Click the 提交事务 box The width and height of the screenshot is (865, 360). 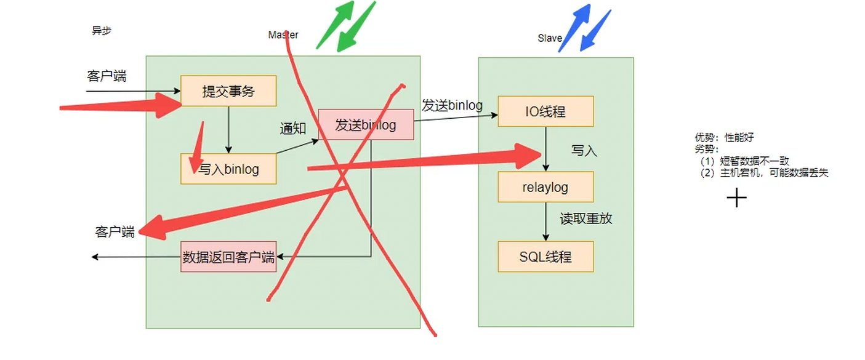228,91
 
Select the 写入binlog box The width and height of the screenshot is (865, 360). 228,168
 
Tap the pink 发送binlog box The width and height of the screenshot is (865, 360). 366,124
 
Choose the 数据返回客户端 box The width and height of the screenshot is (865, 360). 228,257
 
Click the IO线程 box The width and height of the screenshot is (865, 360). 545,111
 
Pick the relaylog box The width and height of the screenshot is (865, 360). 545,187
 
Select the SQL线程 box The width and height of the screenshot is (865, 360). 545,257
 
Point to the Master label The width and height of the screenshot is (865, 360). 283,35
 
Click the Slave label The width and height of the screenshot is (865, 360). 550,38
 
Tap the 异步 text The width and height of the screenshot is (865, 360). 102,30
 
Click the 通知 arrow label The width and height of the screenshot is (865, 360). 293,129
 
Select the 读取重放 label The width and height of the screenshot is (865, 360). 586,218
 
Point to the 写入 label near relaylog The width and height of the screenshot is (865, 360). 584,150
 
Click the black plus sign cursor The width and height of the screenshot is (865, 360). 736,198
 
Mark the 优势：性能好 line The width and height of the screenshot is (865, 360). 724,138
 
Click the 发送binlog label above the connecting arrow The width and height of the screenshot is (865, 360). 452,105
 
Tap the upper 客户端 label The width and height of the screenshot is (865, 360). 107,76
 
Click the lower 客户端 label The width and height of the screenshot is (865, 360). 115,232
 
